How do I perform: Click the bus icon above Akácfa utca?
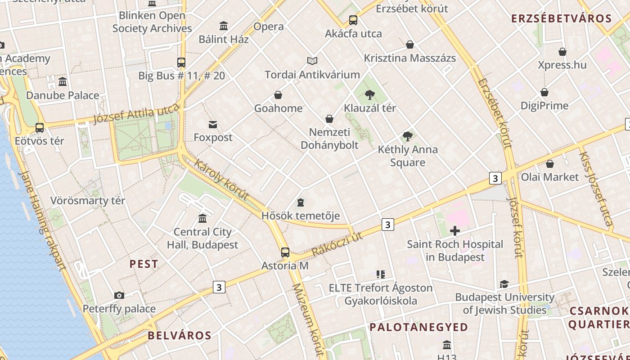[x=353, y=20]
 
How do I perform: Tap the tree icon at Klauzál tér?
[x=370, y=95]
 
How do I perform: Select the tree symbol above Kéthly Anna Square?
[x=408, y=136]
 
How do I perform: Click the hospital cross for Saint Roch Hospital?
[x=455, y=231]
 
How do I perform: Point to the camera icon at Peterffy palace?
[x=119, y=296]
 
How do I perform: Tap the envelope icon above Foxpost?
[x=213, y=125]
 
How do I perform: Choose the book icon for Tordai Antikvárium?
[x=312, y=61]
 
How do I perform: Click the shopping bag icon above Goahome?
[x=278, y=95]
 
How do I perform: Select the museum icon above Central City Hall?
[x=202, y=219]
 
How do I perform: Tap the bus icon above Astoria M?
[x=285, y=252]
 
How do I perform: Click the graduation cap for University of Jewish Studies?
[x=504, y=284]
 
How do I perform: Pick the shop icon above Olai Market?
[x=549, y=164]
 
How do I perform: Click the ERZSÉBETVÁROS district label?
[x=562, y=19]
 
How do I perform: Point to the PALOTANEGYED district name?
[x=418, y=327]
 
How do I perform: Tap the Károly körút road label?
[x=221, y=179]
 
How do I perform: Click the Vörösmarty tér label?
[x=88, y=201]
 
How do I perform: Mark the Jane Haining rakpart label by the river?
[x=43, y=220]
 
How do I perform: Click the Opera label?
[x=269, y=27]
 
